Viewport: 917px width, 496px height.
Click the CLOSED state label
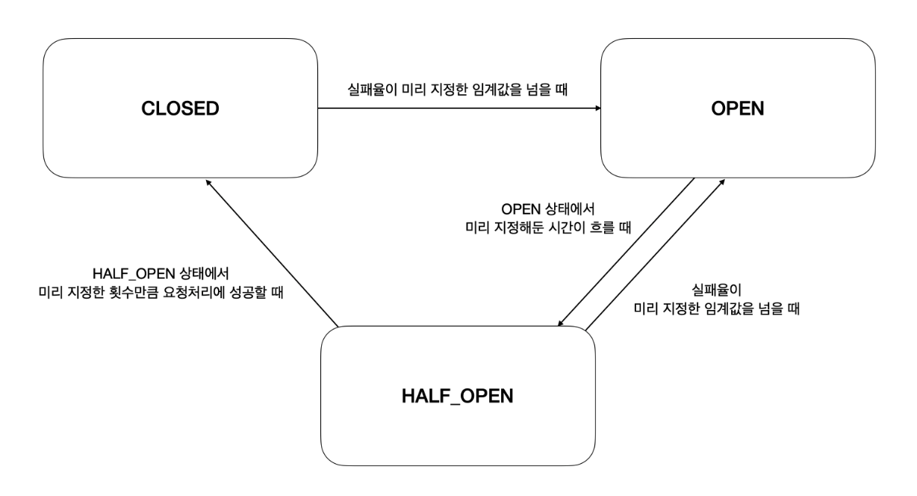point(181,108)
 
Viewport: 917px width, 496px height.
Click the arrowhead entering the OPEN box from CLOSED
point(597,108)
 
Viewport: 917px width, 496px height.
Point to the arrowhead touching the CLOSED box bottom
point(210,182)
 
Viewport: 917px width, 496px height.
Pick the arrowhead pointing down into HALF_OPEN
point(559,323)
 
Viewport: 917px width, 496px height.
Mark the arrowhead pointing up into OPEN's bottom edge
point(722,182)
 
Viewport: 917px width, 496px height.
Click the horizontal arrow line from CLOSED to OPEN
point(459,108)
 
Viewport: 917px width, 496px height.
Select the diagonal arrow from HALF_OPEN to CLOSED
point(274,254)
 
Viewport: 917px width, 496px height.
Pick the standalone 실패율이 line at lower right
point(715,288)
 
